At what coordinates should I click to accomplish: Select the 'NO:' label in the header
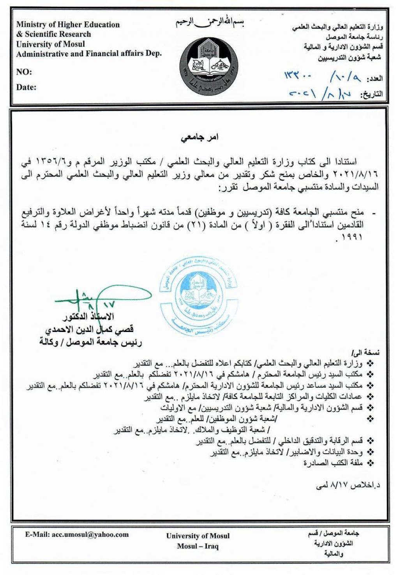coord(24,72)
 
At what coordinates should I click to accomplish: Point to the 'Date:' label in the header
coord(26,87)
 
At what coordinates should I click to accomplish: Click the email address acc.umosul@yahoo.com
coord(77,535)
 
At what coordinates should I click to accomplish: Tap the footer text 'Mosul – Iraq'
coord(198,546)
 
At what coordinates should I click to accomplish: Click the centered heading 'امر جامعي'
coord(199,137)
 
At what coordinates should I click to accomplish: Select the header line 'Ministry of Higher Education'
coord(68,24)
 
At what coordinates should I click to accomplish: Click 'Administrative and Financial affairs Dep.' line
coord(89,54)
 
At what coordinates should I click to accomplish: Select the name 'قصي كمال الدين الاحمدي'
coord(90,330)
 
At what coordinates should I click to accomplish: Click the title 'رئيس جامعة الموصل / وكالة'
coord(90,343)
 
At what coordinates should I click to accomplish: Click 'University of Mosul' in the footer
coord(198,536)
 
